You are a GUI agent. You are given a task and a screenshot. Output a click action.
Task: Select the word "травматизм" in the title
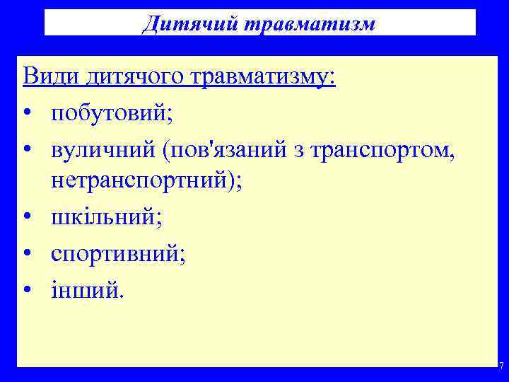click(309, 23)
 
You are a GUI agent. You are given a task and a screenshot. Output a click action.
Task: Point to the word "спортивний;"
click(118, 253)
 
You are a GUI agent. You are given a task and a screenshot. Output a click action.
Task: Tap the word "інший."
click(86, 289)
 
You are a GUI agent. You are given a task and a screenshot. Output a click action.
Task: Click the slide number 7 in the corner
click(501, 366)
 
